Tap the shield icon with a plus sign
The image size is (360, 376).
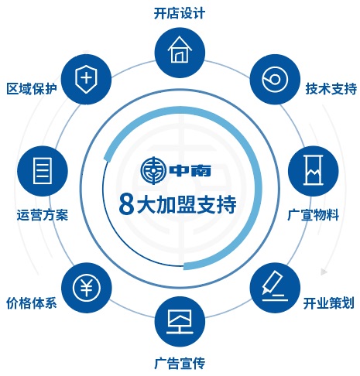(87, 79)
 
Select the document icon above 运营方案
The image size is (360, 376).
(43, 171)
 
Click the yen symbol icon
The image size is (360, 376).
(87, 287)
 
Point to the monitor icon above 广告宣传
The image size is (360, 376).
(180, 321)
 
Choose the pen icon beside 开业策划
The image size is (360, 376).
(275, 286)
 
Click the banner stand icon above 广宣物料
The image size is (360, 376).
(313, 170)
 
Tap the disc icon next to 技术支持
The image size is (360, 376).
(275, 80)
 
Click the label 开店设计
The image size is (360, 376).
(180, 13)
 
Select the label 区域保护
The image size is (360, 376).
(32, 89)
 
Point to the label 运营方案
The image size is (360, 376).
(43, 215)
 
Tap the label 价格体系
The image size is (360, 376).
(32, 303)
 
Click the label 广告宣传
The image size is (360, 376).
(180, 363)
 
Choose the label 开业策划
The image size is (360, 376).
(328, 303)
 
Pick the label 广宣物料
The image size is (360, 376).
(313, 215)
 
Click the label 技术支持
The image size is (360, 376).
(331, 89)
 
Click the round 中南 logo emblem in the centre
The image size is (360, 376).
(153, 170)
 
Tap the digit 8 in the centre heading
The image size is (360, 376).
(126, 204)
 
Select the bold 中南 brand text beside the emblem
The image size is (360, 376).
(190, 170)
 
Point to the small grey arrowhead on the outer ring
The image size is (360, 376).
(324, 272)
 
